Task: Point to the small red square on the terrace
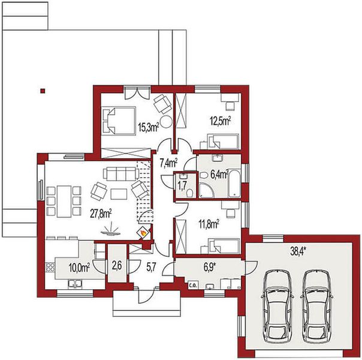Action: pyautogui.click(x=42, y=91)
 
